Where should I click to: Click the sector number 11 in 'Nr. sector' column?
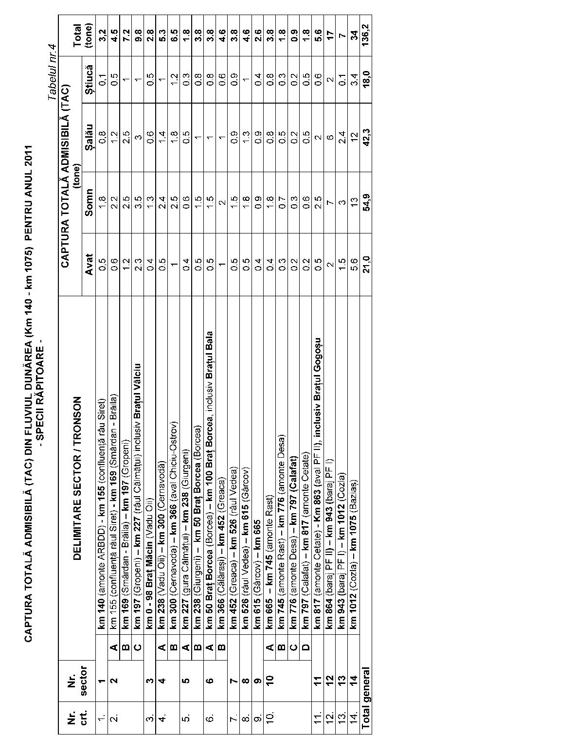[317, 680]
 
